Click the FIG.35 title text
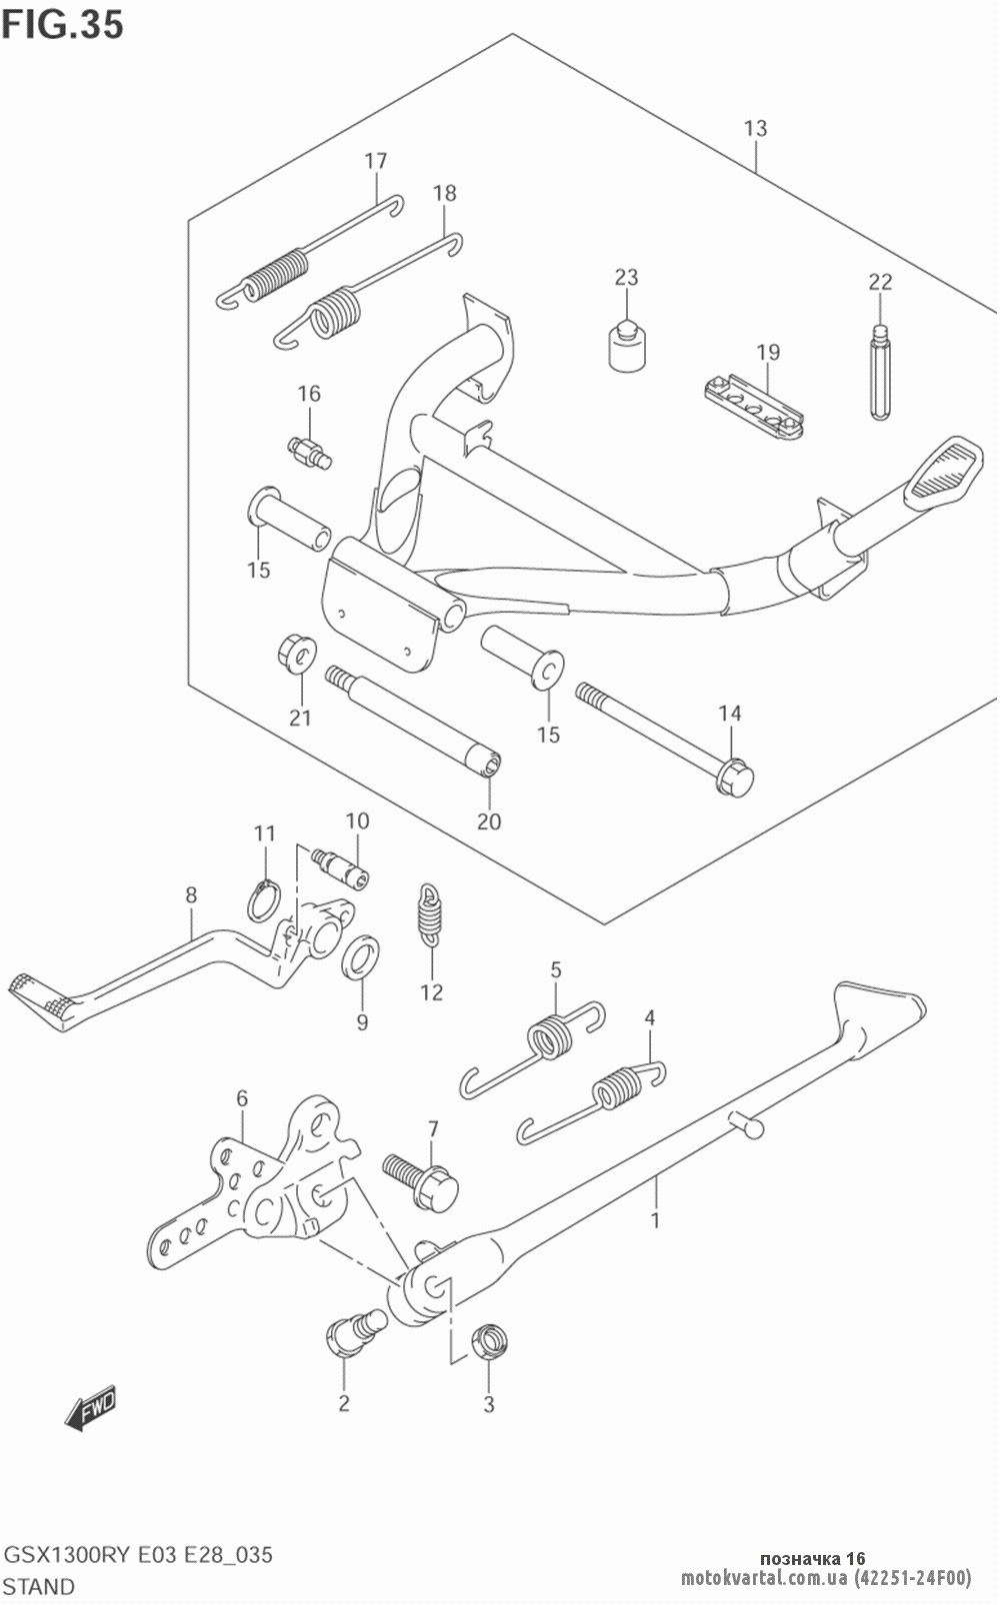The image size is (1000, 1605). pyautogui.click(x=62, y=24)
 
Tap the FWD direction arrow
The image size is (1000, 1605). pyautogui.click(x=90, y=1408)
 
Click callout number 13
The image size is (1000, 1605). pyautogui.click(x=756, y=128)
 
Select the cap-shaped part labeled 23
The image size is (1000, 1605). pyautogui.click(x=627, y=346)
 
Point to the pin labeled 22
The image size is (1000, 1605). pyautogui.click(x=880, y=371)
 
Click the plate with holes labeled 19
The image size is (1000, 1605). pyautogui.click(x=753, y=407)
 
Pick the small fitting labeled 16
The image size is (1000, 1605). pyautogui.click(x=309, y=453)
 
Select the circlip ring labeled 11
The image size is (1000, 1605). pyautogui.click(x=263, y=900)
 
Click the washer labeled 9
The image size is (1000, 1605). pyautogui.click(x=360, y=955)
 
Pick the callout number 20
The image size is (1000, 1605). pyautogui.click(x=489, y=821)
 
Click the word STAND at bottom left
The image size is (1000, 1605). pyautogui.click(x=39, y=1587)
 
